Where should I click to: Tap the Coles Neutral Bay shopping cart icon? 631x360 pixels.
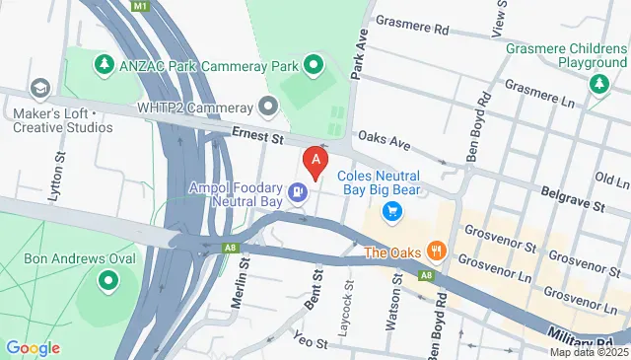coord(392,210)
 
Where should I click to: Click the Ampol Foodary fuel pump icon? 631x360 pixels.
coord(297,192)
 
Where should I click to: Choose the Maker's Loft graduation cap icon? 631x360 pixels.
coord(40,89)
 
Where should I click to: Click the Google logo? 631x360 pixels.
coord(33,347)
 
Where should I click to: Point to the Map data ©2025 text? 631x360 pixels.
coord(589,352)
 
